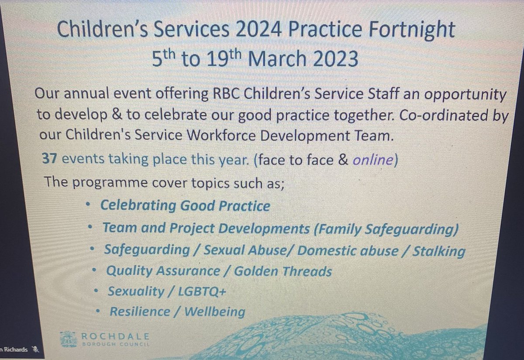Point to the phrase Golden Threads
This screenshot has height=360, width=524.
[x=283, y=271]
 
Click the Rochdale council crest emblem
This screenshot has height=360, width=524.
[x=69, y=339]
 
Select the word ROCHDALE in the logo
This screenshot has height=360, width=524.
[x=115, y=336]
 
